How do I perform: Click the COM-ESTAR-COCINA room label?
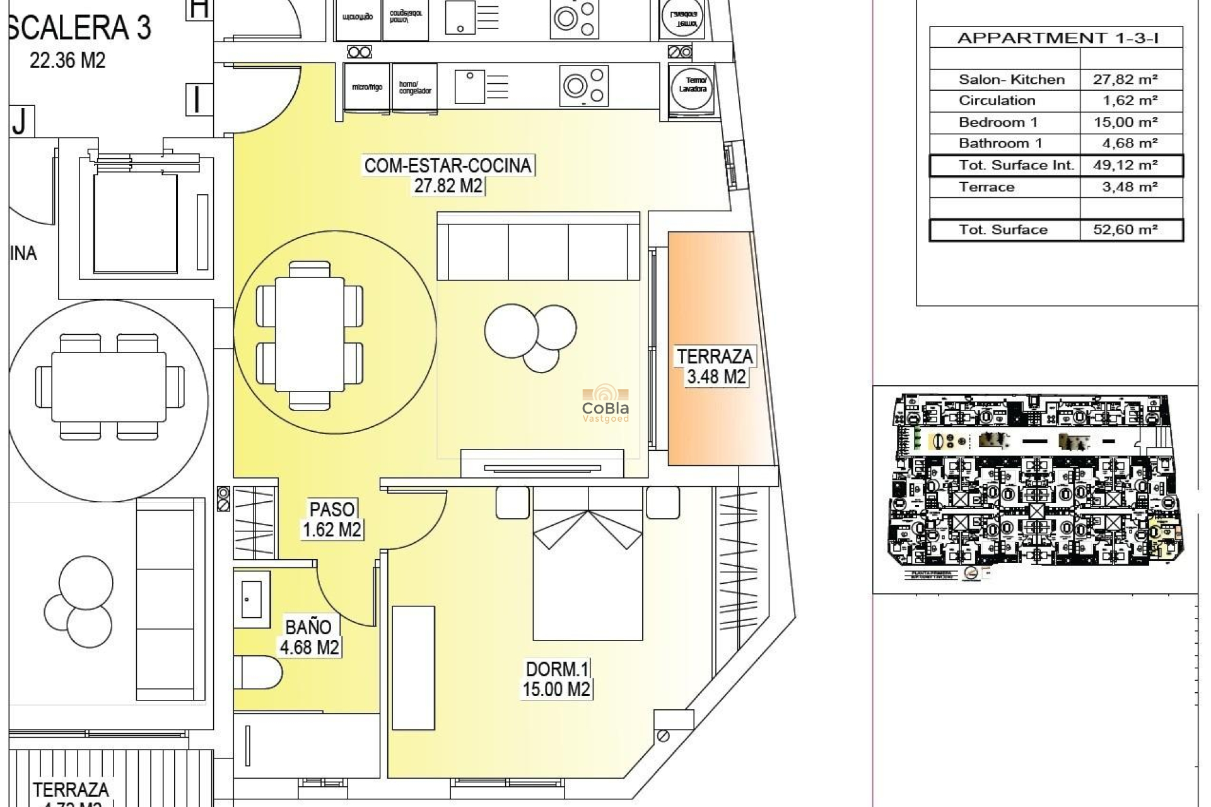pos(448,166)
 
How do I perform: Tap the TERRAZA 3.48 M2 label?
pos(715,366)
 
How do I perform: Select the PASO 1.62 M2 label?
pos(332,519)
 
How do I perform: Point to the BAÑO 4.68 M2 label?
pos(308,637)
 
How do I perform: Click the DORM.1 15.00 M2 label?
pos(556,679)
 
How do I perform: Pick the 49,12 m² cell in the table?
pos(1125,165)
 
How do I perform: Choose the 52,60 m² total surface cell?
pos(1125,229)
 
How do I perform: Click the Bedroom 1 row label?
pos(998,122)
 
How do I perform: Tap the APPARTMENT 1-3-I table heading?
pos(1058,38)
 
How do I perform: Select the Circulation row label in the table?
pos(997,101)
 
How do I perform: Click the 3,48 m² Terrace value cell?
pos(1125,187)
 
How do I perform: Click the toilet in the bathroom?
pos(259,673)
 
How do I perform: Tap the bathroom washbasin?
pos(252,599)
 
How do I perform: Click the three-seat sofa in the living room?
pos(538,247)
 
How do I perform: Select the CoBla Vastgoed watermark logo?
pos(605,404)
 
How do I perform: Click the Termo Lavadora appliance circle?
pos(692,85)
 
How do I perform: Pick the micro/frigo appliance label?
pos(367,87)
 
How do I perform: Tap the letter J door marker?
pos(20,121)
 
